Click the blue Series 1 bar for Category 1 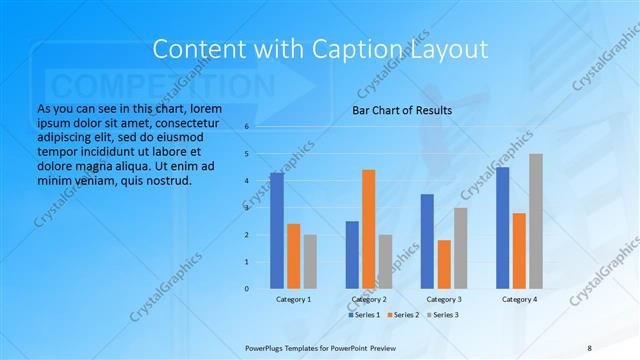pyautogui.click(x=276, y=231)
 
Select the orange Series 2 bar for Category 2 pyautogui.click(x=368, y=229)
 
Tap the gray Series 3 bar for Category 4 pyautogui.click(x=536, y=221)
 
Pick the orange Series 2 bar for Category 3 pyautogui.click(x=444, y=264)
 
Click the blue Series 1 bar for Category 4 pyautogui.click(x=502, y=228)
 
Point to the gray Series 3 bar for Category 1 pyautogui.click(x=310, y=262)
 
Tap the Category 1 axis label pyautogui.click(x=293, y=299)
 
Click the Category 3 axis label pyautogui.click(x=444, y=299)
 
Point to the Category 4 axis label pyautogui.click(x=519, y=299)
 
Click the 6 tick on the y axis pyautogui.click(x=247, y=127)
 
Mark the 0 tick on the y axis pyautogui.click(x=247, y=288)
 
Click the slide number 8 pyautogui.click(x=590, y=347)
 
